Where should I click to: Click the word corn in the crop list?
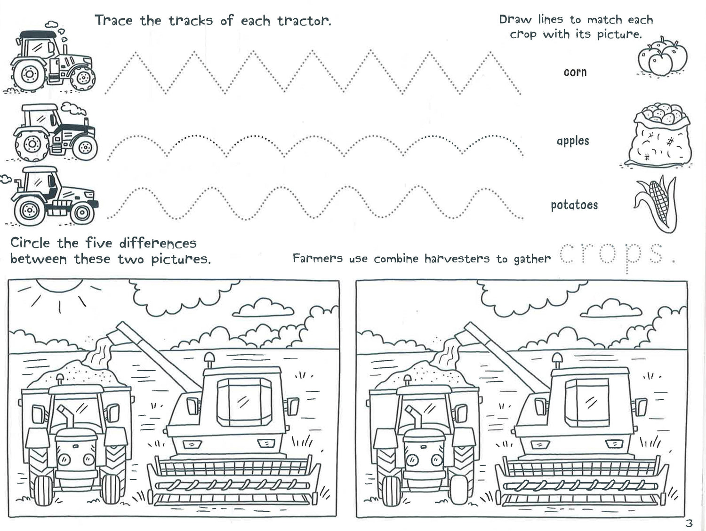[x=575, y=72]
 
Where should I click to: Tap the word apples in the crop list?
[x=573, y=141]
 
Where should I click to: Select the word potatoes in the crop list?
[x=574, y=205]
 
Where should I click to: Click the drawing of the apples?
[x=662, y=56]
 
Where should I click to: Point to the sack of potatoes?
[x=659, y=135]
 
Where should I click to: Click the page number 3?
[x=689, y=523]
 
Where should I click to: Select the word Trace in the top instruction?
[x=113, y=20]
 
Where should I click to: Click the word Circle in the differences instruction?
[x=30, y=243]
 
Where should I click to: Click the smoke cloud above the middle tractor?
[x=74, y=109]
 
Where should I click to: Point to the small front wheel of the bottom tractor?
[x=82, y=213]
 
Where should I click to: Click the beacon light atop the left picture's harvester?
[x=209, y=360]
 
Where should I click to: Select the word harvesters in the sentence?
[x=457, y=258]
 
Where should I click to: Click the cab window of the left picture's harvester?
[x=244, y=402]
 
